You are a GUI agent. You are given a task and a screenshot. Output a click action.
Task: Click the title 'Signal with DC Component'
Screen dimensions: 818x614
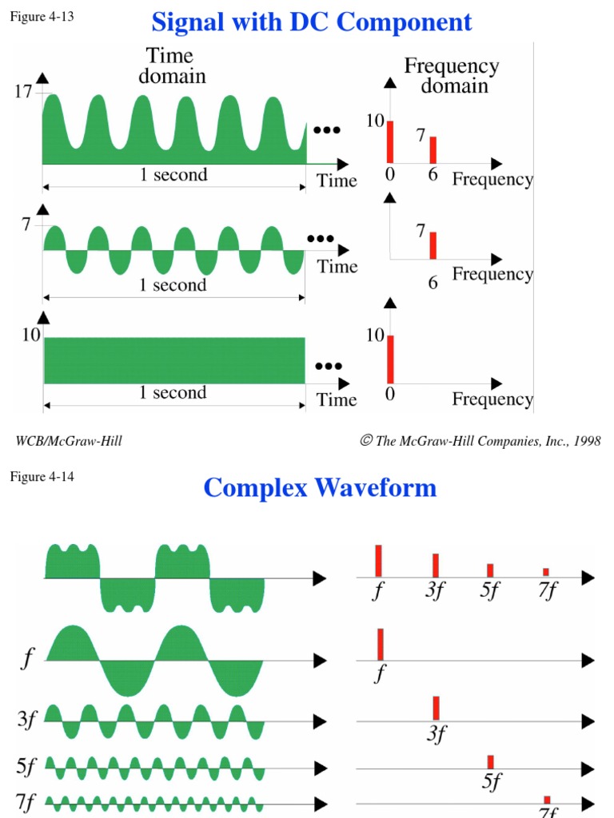pyautogui.click(x=312, y=22)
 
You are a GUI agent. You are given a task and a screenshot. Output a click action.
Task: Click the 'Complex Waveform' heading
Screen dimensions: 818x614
pyautogui.click(x=320, y=487)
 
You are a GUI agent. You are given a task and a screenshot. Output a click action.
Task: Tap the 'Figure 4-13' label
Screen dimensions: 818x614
pyautogui.click(x=42, y=15)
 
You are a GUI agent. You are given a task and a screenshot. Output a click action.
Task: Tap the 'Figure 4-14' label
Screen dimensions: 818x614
pyautogui.click(x=42, y=477)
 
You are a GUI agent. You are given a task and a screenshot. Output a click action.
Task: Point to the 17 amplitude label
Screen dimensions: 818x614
pyautogui.click(x=22, y=92)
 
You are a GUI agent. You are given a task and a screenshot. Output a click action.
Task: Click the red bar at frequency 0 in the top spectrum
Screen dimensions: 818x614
pyautogui.click(x=390, y=142)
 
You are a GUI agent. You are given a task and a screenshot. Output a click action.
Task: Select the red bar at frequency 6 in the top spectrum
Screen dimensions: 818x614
pyautogui.click(x=433, y=150)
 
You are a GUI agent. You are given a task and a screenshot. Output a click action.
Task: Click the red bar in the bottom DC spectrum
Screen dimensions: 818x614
pyautogui.click(x=390, y=359)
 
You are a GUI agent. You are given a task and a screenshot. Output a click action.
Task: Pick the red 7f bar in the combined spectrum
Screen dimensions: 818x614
pyautogui.click(x=546, y=571)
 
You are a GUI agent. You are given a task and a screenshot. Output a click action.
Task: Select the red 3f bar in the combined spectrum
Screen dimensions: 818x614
pyautogui.click(x=436, y=564)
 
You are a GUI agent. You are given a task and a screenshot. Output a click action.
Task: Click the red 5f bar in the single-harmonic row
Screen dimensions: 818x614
pyautogui.click(x=490, y=762)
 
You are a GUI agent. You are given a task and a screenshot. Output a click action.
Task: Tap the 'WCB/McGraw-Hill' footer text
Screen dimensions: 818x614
pyautogui.click(x=69, y=440)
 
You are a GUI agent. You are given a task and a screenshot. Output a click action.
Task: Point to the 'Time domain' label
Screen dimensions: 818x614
pyautogui.click(x=172, y=66)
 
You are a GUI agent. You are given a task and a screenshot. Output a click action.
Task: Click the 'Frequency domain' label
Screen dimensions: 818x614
pyautogui.click(x=451, y=75)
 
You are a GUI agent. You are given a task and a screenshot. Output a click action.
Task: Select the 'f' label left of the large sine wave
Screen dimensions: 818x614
pyautogui.click(x=29, y=659)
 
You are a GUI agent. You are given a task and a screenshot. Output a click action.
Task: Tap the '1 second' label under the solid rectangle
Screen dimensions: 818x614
pyautogui.click(x=173, y=392)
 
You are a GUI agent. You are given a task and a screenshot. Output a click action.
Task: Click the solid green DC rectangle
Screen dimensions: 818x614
pyautogui.click(x=174, y=359)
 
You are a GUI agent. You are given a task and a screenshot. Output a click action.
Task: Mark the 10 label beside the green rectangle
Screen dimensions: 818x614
pyautogui.click(x=30, y=335)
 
